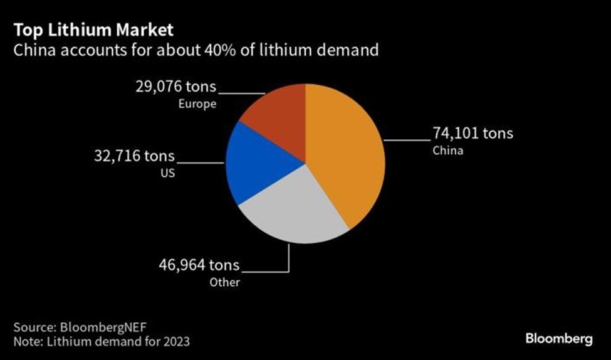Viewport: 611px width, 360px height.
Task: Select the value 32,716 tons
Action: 135,156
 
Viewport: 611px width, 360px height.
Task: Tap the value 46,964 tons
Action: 199,265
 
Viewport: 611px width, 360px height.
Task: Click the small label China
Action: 447,151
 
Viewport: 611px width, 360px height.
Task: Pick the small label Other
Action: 225,282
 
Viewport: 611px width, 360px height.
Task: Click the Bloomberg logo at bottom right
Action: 558,339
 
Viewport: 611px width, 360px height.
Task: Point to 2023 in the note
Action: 179,342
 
